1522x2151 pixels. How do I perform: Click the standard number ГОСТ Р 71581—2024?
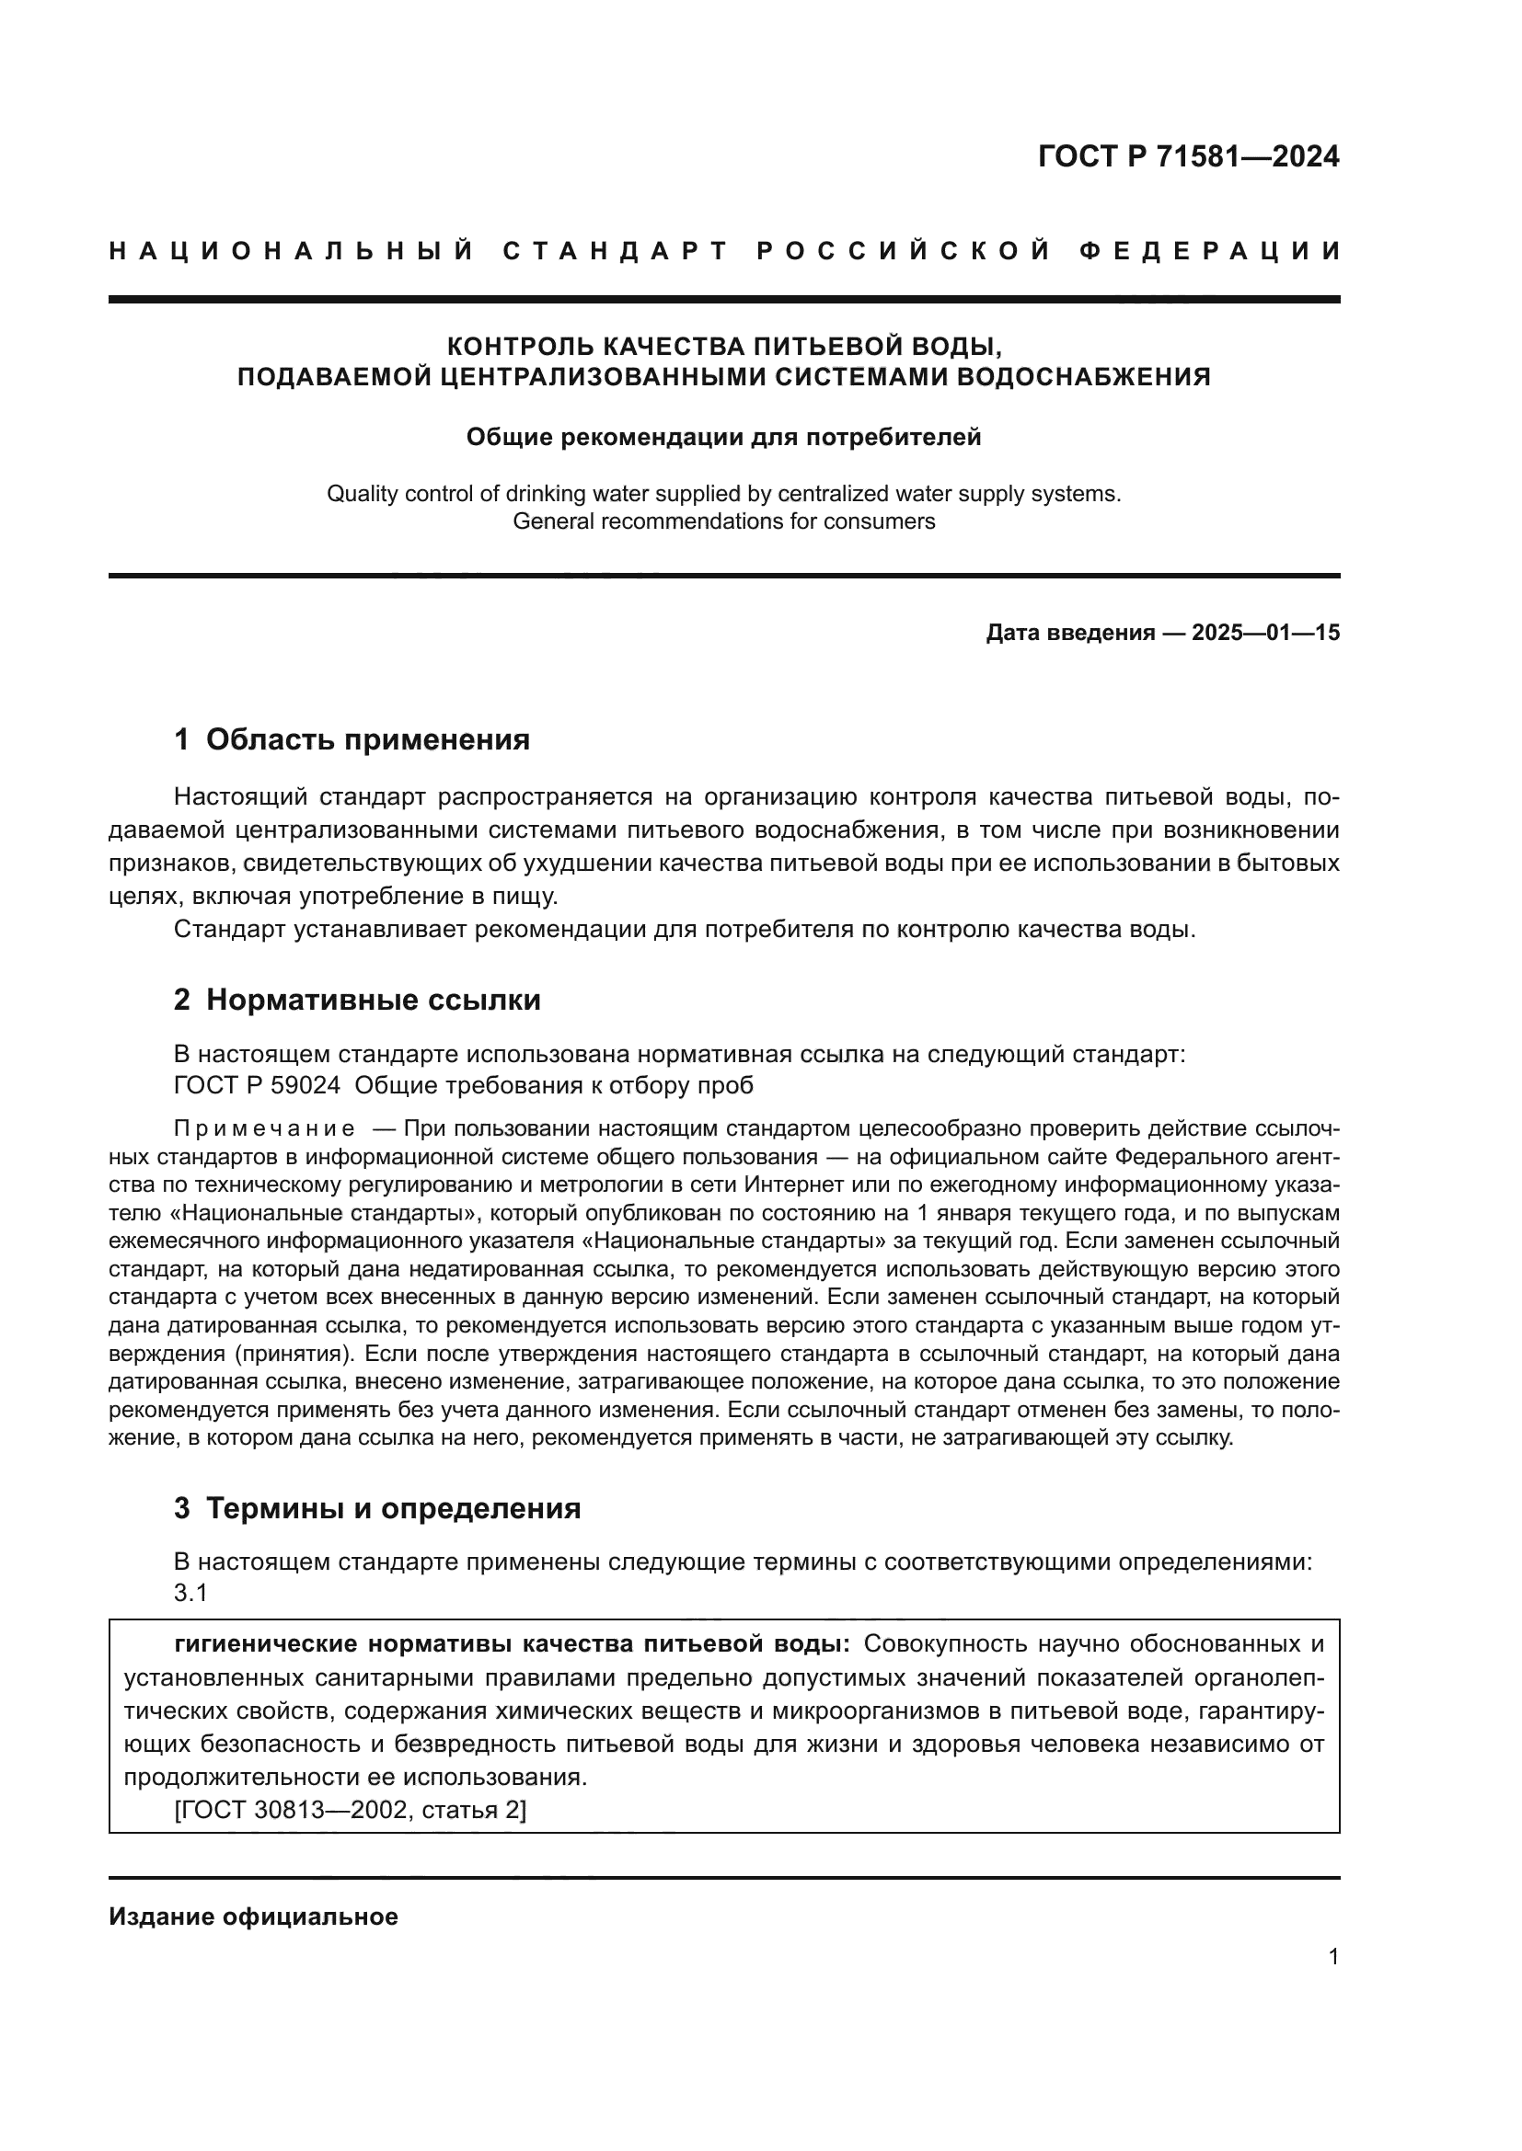[1188, 156]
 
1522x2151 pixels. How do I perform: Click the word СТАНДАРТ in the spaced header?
[616, 251]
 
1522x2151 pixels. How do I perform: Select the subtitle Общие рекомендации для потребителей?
[723, 438]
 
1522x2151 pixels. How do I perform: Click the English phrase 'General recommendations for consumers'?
[723, 521]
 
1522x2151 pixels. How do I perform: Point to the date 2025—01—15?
[1265, 634]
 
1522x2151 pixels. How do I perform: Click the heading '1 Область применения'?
[352, 740]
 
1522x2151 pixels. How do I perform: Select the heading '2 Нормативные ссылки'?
[357, 1001]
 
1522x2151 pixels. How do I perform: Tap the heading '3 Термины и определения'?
[376, 1508]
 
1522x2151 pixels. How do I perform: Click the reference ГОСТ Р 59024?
[257, 1086]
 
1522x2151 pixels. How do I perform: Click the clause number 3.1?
[190, 1593]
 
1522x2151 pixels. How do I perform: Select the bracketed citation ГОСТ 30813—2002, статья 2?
[351, 1810]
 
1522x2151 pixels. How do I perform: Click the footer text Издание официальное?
[253, 1916]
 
